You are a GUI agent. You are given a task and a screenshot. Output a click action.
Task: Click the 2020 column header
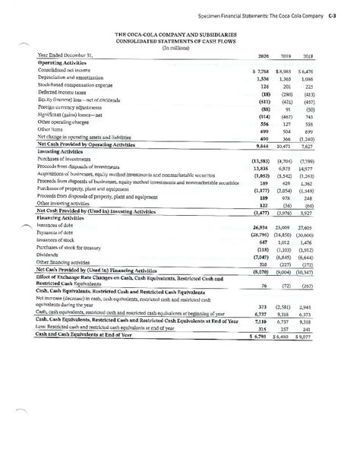[x=264, y=56]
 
